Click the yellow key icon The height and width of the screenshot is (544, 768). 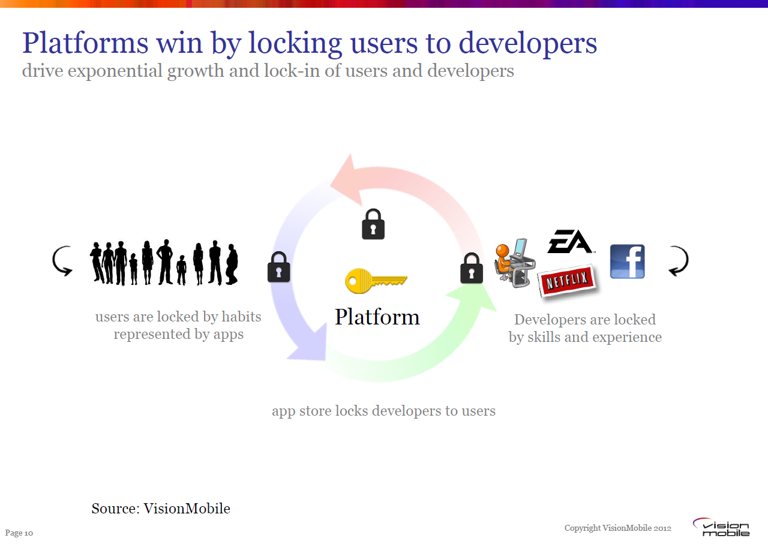[x=376, y=281]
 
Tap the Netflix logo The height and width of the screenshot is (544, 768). [x=567, y=281]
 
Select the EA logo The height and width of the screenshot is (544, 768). [x=570, y=241]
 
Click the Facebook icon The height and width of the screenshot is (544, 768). [x=628, y=261]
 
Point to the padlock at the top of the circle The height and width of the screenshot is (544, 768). [x=373, y=224]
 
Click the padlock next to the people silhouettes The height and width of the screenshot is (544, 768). [x=279, y=267]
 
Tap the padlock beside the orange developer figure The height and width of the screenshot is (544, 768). [x=472, y=268]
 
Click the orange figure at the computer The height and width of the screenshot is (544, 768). [x=514, y=263]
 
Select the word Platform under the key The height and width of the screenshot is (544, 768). [x=377, y=317]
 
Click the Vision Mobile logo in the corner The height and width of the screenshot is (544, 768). [x=721, y=527]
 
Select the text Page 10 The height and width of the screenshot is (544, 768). [x=19, y=533]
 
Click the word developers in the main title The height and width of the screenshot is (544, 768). [x=527, y=44]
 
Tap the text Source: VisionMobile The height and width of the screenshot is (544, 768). [x=161, y=509]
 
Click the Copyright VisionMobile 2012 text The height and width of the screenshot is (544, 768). [x=618, y=528]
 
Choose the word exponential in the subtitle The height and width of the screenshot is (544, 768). [x=115, y=71]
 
